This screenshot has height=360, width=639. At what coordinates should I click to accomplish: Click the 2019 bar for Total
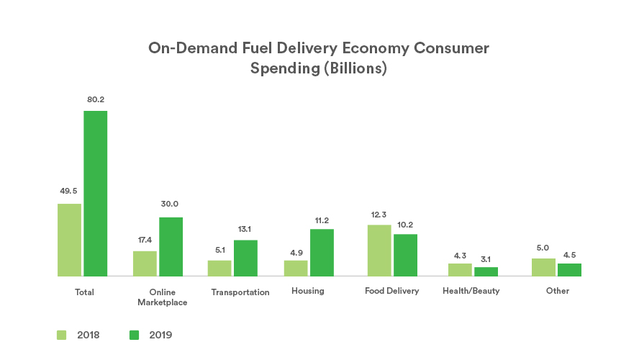[95, 193]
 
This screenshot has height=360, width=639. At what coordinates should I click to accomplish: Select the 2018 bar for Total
[69, 240]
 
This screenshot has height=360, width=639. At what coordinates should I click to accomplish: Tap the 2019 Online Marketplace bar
[171, 246]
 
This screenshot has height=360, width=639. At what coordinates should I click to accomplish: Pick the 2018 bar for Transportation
[219, 268]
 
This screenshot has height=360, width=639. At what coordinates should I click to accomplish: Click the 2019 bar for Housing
[322, 252]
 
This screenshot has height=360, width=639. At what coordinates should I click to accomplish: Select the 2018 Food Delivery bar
[379, 250]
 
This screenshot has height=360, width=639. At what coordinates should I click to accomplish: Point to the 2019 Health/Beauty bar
[486, 271]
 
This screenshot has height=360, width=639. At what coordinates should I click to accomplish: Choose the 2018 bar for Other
[543, 267]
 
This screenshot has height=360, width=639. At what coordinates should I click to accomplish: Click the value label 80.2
[95, 99]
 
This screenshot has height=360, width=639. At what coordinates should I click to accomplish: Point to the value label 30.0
[171, 204]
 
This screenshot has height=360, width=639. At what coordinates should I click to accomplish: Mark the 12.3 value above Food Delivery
[379, 214]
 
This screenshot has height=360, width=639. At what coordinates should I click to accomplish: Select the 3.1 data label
[486, 257]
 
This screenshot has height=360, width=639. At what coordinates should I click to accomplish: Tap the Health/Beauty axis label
[471, 291]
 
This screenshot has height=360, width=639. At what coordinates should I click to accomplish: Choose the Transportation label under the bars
[240, 292]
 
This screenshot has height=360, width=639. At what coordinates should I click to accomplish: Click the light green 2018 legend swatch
[62, 335]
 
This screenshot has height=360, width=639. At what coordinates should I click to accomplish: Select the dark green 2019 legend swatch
[134, 335]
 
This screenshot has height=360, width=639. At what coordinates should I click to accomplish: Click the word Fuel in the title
[260, 48]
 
